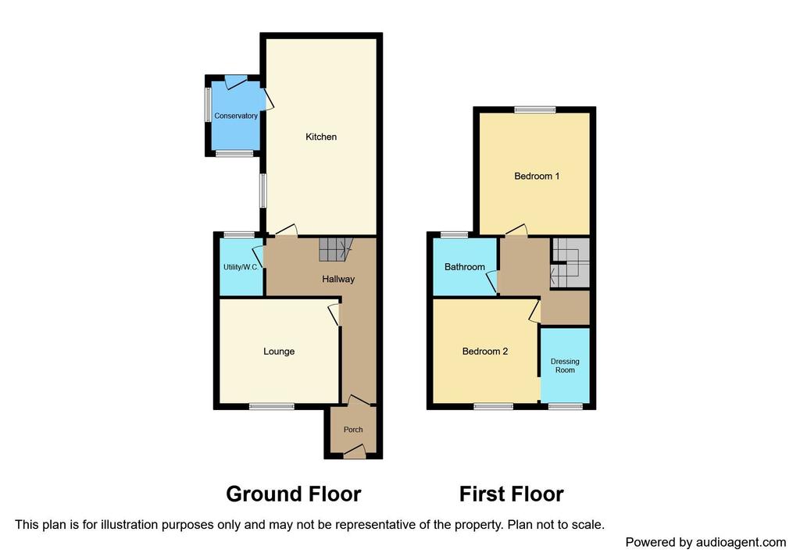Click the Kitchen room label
point(321,137)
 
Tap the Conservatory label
point(236,116)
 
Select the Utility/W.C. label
point(241,267)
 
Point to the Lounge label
point(279,351)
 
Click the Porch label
point(353,430)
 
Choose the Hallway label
point(338,279)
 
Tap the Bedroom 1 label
point(537,176)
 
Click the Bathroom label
point(464,267)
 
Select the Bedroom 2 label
point(484,351)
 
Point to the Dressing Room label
point(565,366)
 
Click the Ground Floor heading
point(294,494)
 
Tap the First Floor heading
point(511,494)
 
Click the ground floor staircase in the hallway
point(336,249)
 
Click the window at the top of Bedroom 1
point(534,109)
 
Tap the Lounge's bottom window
point(272,406)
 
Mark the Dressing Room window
point(566,406)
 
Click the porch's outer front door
point(354,451)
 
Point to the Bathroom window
point(455,235)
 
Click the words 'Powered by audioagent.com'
point(705,542)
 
